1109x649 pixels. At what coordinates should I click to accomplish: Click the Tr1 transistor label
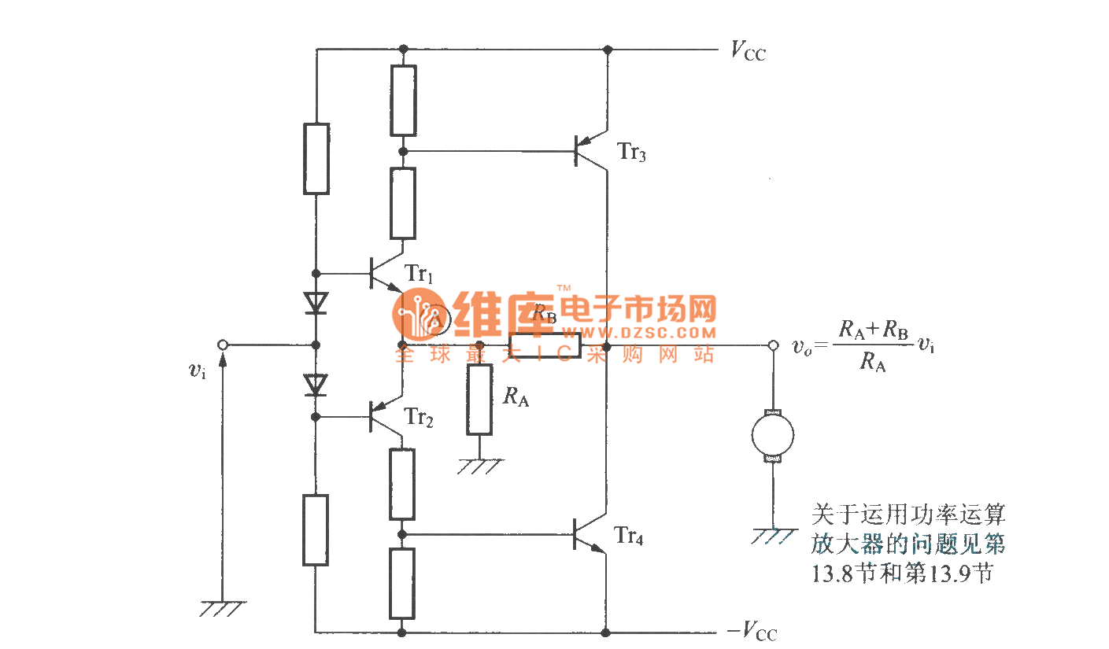419,274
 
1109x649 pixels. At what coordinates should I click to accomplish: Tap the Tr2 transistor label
419,417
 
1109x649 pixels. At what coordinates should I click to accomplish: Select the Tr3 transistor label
632,153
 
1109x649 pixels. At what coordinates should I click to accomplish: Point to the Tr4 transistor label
630,538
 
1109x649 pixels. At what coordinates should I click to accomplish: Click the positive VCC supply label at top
747,52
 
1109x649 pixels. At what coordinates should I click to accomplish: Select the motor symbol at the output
772,434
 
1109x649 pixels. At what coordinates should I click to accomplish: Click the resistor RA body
479,399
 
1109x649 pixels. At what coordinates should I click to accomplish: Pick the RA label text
516,397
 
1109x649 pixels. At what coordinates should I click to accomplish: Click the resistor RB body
545,345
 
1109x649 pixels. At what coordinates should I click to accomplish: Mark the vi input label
198,371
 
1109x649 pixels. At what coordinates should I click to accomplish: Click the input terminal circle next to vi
223,345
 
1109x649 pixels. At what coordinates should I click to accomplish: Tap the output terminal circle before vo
772,345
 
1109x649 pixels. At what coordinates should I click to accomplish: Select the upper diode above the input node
316,302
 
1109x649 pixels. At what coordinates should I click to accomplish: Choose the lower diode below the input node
316,385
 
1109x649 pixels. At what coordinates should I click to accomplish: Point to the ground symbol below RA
479,466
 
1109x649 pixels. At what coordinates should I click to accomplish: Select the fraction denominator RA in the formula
871,363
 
